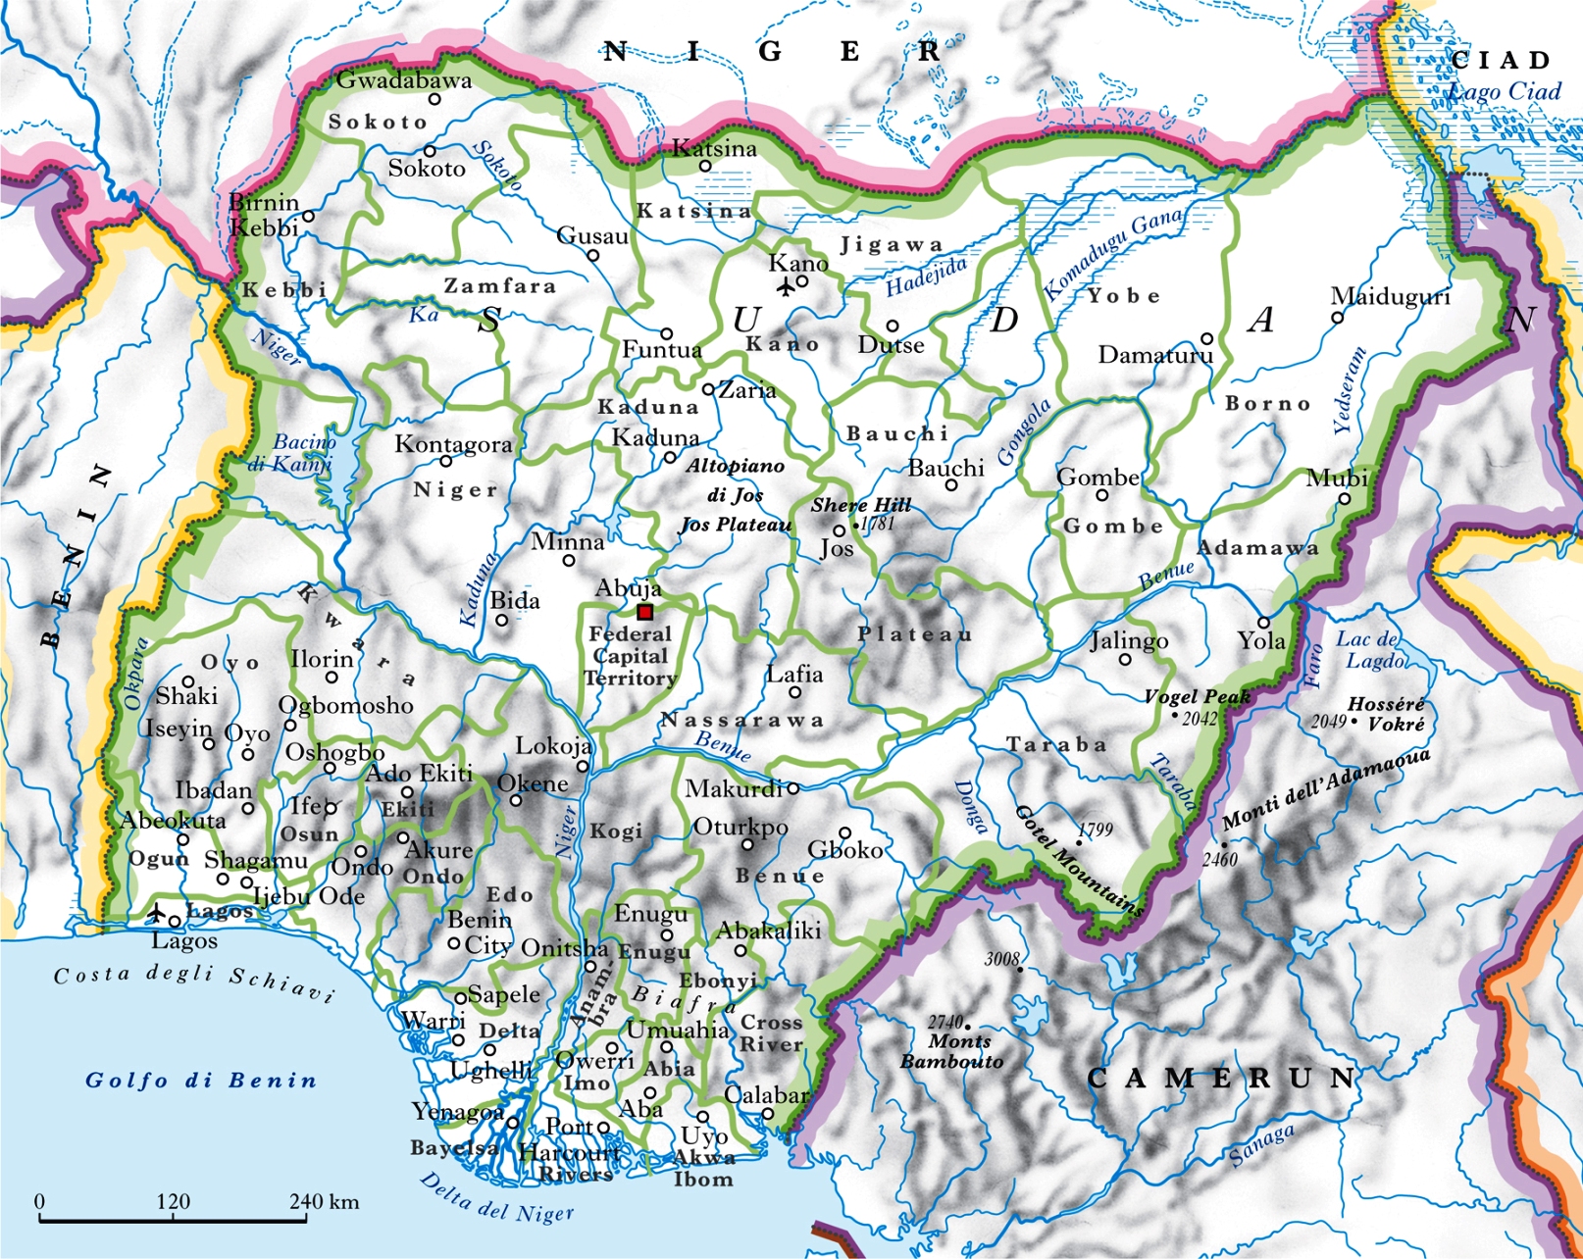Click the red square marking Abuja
pos(644,612)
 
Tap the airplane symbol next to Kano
pos(784,287)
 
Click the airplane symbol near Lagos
pos(156,914)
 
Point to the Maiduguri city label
pos(1390,296)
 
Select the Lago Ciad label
pos(1505,91)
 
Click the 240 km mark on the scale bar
pos(308,1220)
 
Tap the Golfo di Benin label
pos(201,1081)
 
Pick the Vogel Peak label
pos(1197,696)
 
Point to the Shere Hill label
pos(861,505)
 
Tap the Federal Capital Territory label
pos(631,656)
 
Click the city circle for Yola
pos(1264,623)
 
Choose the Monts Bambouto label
pos(952,1051)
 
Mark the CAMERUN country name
pos(1221,1080)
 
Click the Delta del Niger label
pos(496,1197)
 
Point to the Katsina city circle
pos(704,166)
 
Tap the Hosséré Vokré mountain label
pos(1385,714)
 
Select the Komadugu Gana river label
pos(1113,253)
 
